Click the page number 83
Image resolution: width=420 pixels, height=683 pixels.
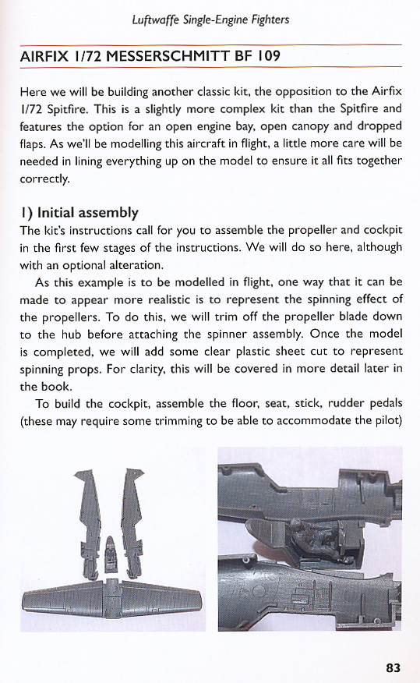point(393,667)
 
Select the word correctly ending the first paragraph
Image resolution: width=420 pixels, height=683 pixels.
point(44,179)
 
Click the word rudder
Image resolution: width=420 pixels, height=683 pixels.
point(321,403)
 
